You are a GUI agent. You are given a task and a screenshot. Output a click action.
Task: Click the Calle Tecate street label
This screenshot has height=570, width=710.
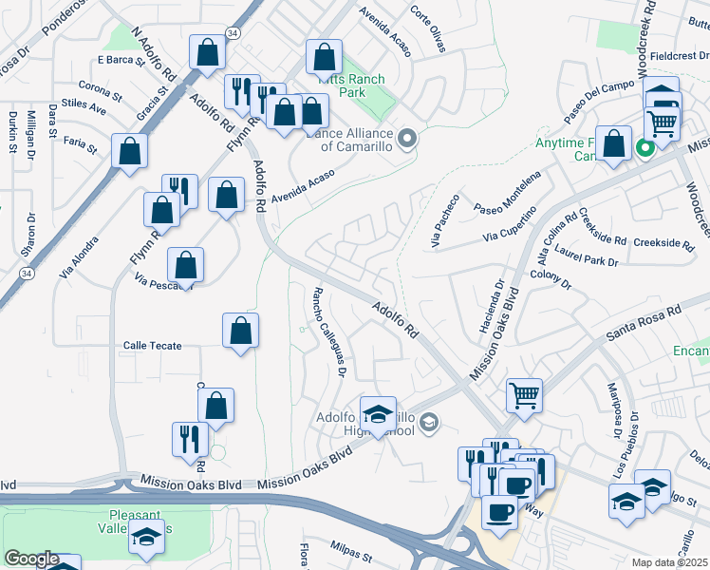click(x=153, y=346)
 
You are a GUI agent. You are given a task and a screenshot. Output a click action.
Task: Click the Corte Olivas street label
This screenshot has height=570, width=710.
click(x=427, y=25)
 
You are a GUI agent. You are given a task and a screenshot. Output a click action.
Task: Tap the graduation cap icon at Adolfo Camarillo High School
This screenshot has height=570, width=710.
click(x=378, y=412)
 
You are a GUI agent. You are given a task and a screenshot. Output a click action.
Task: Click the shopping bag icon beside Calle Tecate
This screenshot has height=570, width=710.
click(x=240, y=331)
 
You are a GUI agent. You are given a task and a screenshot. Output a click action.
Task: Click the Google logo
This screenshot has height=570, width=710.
click(x=31, y=559)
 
